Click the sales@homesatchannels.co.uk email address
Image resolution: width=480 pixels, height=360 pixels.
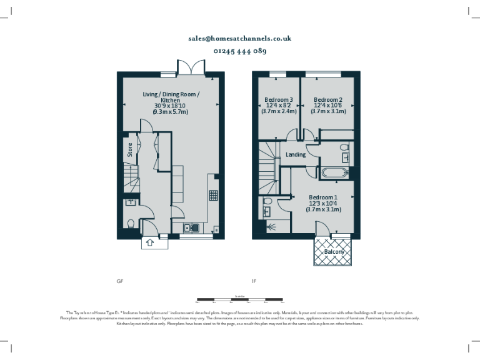(240, 38)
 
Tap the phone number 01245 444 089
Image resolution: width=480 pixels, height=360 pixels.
(240, 51)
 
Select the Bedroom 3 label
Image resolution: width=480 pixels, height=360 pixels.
(278, 100)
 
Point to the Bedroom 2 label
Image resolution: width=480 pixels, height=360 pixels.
(328, 100)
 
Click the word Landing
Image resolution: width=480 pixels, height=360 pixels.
(296, 154)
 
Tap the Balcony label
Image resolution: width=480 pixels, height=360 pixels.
(334, 252)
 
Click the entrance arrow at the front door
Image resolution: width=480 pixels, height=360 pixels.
(150, 242)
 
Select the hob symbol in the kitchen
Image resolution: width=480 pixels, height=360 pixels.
(213, 194)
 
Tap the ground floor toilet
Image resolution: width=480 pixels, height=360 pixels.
(131, 224)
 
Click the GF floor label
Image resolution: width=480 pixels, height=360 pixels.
(120, 282)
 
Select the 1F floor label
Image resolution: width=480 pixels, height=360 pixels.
(254, 282)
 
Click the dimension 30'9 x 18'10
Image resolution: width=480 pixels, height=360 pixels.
(171, 106)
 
